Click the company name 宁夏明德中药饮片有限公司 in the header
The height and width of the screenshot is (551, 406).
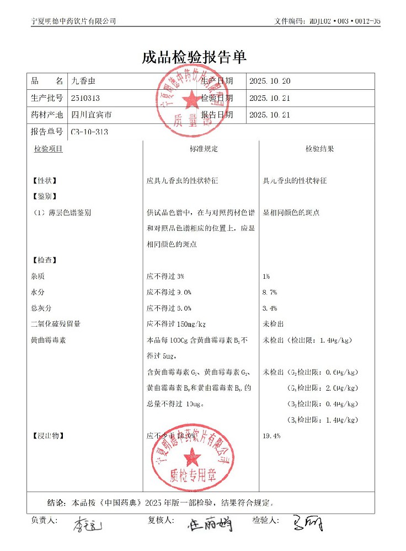[x=74, y=21]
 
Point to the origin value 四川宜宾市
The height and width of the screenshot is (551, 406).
[x=92, y=115]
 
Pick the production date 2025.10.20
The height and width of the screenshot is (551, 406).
[x=270, y=82]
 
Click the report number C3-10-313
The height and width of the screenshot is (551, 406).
[x=90, y=132]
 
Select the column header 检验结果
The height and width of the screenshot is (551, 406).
[x=320, y=149]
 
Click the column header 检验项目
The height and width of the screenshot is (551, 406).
[x=48, y=149]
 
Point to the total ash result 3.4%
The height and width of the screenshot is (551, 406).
[x=270, y=308]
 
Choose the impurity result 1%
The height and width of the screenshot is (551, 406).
[x=267, y=276]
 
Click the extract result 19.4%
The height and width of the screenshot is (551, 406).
[x=272, y=436]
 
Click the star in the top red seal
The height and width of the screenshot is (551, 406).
[x=193, y=100]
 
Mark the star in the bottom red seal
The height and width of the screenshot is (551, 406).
[x=193, y=457]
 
